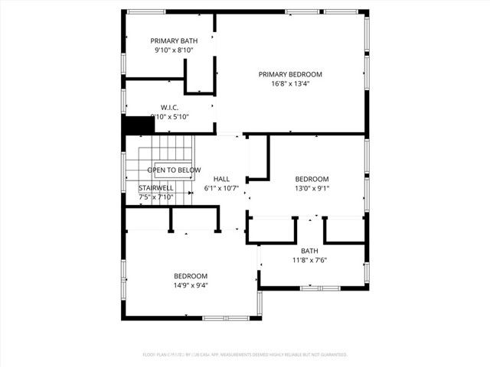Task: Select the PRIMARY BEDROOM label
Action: click(x=290, y=74)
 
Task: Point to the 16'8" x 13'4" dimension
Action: click(x=290, y=84)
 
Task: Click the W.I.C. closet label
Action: click(x=170, y=107)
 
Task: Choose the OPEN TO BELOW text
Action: click(x=175, y=170)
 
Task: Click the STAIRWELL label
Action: click(x=156, y=187)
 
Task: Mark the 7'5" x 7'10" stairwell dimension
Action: click(x=156, y=197)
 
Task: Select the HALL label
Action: click(x=222, y=178)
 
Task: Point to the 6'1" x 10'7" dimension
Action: click(x=222, y=188)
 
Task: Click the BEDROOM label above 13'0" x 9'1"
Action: click(x=312, y=178)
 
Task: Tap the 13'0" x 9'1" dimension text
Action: click(x=312, y=188)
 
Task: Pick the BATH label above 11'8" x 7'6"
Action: click(x=309, y=250)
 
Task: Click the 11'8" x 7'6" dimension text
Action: click(x=309, y=260)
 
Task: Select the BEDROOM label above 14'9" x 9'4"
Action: click(x=190, y=275)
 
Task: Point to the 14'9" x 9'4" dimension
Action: click(x=190, y=285)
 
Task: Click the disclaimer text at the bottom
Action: click(x=245, y=355)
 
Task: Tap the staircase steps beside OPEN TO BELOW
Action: click(x=172, y=148)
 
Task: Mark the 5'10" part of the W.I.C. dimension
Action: click(x=179, y=117)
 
